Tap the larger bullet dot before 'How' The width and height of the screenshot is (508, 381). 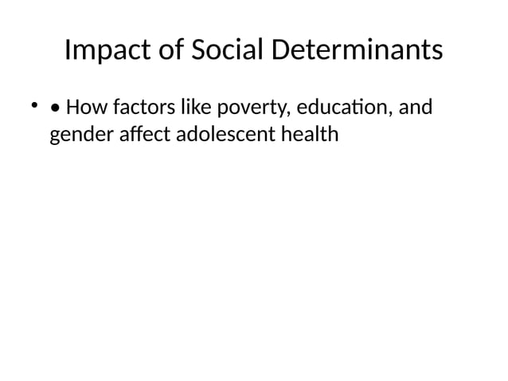(x=54, y=107)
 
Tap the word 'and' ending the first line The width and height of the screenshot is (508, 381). (x=416, y=106)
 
